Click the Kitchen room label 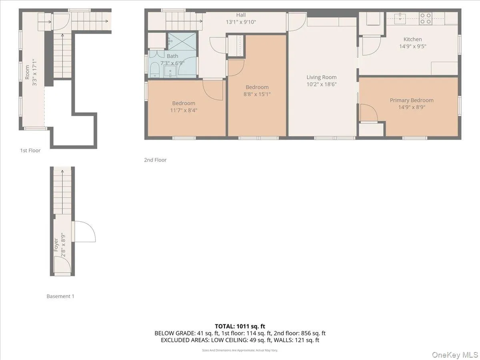point(412,39)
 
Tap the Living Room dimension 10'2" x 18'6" point(322,84)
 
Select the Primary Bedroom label point(412,100)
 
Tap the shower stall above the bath point(182,41)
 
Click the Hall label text point(241,15)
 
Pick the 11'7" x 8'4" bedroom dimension point(184,110)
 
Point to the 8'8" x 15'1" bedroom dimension point(257,94)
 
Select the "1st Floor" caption point(30,150)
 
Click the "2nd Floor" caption point(155,160)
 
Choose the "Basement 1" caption point(60,296)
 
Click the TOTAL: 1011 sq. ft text point(240,326)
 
